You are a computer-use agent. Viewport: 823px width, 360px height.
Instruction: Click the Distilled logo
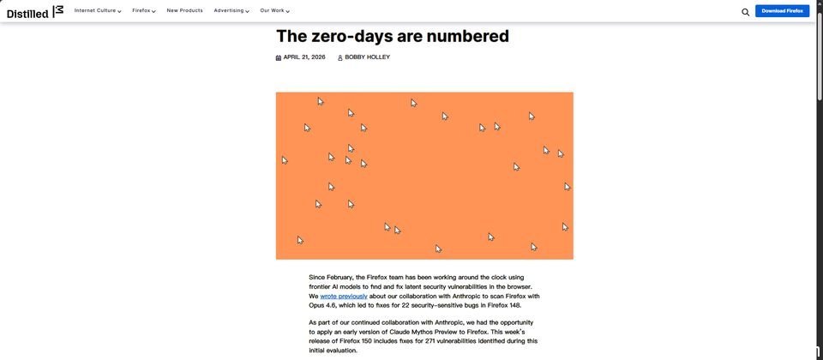tap(34, 11)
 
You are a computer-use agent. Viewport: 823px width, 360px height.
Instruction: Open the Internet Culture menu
tap(97, 10)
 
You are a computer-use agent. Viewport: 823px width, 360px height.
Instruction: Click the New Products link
tap(184, 10)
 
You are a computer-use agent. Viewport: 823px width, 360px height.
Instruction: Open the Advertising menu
tap(231, 10)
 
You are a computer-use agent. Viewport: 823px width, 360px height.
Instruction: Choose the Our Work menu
tap(274, 10)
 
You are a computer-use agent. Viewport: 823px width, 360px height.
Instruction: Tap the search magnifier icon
tap(745, 12)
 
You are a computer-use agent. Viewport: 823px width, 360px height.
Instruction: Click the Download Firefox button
tap(782, 11)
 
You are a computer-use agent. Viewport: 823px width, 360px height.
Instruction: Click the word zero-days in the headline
tap(355, 36)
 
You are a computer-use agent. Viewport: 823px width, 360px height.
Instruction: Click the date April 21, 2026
tap(304, 57)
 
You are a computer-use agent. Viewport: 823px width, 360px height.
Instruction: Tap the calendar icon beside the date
tap(279, 57)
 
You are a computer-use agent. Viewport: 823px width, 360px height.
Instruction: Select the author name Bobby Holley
tap(367, 57)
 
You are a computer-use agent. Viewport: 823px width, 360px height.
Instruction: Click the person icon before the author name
tap(339, 57)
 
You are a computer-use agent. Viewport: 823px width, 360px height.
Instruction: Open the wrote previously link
tap(344, 297)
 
